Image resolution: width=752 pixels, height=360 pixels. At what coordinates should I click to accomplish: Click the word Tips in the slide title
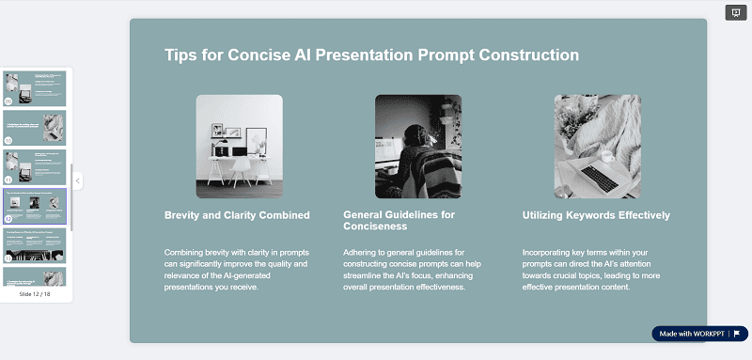tap(182, 55)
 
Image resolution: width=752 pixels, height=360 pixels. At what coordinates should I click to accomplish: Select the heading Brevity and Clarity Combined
tap(237, 215)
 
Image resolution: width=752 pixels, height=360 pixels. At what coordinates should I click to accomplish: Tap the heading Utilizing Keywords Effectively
tap(596, 215)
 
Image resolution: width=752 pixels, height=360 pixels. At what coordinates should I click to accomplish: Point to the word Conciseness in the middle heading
tap(375, 227)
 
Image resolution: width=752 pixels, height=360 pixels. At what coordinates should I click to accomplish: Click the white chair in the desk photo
tap(242, 169)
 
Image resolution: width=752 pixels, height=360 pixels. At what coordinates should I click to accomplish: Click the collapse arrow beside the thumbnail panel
tap(78, 180)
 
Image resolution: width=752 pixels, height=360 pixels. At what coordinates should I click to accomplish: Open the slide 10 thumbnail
tap(35, 126)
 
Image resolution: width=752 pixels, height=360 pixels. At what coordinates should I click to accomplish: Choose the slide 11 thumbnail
tap(35, 165)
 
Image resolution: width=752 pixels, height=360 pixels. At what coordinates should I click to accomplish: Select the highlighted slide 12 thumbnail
tap(35, 206)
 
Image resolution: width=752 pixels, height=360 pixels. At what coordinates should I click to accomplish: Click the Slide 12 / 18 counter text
tap(35, 294)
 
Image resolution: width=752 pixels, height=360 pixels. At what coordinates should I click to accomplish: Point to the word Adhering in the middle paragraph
tap(364, 252)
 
